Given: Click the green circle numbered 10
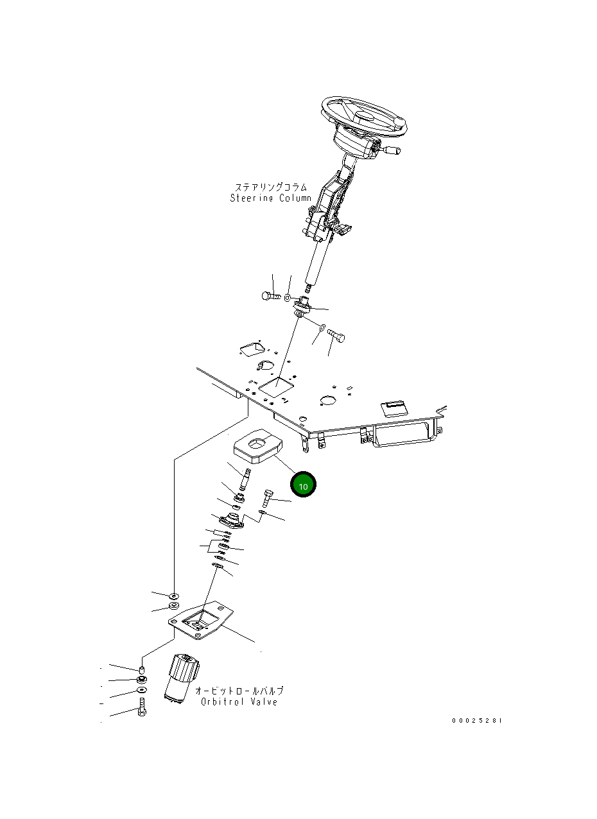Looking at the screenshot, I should [x=304, y=485].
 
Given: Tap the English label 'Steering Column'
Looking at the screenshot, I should [x=270, y=198].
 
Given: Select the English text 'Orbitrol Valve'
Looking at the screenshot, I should [x=239, y=702].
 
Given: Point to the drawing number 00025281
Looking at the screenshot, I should [x=477, y=721].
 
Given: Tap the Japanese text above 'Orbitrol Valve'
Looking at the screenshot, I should [x=239, y=691].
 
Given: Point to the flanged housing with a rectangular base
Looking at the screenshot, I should [x=230, y=521].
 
